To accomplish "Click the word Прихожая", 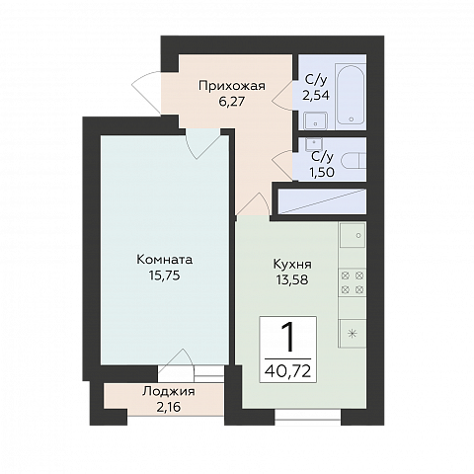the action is [232, 86].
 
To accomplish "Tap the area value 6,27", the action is [232, 102].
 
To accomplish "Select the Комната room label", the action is [164, 260].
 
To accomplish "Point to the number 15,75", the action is [164, 276].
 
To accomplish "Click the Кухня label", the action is [292, 264].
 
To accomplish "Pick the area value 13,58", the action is [292, 279].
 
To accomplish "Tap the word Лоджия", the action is [169, 392].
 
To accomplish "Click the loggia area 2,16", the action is [169, 407].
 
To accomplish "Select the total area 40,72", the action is [287, 371].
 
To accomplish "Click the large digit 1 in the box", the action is [288, 337].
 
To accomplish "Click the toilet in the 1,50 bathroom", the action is [354, 162].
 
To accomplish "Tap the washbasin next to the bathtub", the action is [315, 120].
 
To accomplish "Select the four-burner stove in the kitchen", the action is [353, 282].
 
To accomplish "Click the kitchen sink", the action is [353, 235].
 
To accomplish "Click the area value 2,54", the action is [316, 95].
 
